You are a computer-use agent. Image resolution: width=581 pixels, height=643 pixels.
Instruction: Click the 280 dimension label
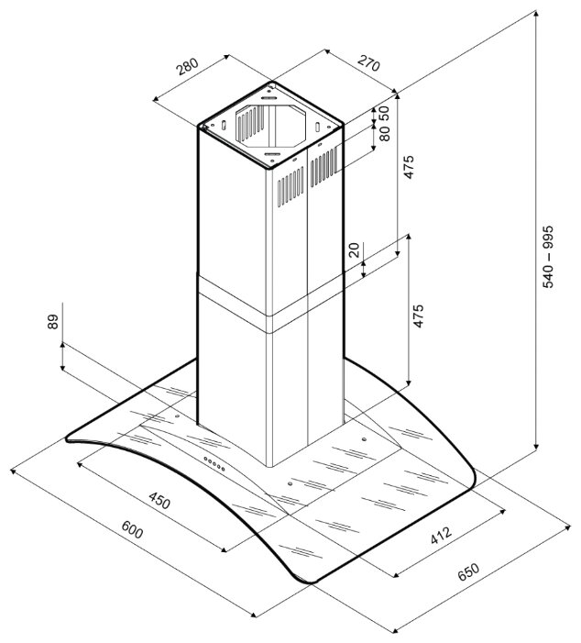pos(188,67)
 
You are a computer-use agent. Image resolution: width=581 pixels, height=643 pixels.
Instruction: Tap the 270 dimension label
pos(368,62)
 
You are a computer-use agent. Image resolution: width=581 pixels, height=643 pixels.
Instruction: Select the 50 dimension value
pos(384,113)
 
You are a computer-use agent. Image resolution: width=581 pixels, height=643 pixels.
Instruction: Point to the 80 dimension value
pos(384,133)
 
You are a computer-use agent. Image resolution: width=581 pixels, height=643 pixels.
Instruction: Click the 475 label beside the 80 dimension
pos(409,167)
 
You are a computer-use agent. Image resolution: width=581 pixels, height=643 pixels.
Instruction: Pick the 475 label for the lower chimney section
pos(418,316)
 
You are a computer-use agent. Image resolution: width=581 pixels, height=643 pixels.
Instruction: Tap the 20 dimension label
pos(354,249)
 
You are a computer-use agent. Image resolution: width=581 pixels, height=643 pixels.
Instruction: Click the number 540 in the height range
pos(548,276)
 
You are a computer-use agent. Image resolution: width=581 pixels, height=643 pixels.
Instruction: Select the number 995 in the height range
pos(548,237)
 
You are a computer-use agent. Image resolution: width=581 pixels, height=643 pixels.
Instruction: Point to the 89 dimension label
pos(53,322)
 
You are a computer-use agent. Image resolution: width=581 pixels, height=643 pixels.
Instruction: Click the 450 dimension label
pos(159,501)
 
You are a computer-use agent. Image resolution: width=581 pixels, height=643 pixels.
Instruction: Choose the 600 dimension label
pos(132,530)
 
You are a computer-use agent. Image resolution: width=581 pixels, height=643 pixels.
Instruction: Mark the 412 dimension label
pos(441,536)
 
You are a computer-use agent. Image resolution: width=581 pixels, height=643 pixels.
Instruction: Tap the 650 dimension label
pos(468,572)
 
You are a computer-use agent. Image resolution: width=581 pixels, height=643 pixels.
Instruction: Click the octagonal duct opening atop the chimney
pos(270,127)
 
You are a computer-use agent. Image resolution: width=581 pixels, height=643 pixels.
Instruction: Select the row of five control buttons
pos(214,463)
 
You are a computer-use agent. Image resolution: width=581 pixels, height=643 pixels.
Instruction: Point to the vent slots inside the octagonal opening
pos(250,122)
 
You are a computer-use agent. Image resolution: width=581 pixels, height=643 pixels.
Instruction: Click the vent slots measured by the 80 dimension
pos(323,167)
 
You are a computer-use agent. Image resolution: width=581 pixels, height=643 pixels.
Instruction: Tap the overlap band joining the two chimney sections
pos(270,304)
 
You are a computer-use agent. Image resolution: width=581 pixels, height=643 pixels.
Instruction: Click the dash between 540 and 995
pos(548,257)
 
